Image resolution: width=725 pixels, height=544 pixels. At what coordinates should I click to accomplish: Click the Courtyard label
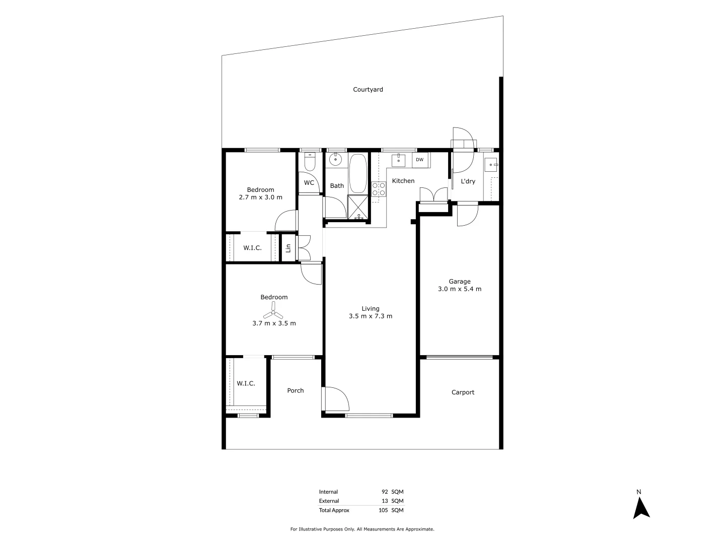coord(368,90)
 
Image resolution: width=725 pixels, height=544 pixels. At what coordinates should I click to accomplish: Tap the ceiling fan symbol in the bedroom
coord(274,310)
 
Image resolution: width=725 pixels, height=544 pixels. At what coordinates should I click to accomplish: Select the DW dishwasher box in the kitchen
coord(419,160)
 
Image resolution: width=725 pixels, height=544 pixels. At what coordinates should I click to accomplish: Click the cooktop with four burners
coord(379,189)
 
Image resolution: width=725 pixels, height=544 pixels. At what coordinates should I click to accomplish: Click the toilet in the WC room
coord(310,162)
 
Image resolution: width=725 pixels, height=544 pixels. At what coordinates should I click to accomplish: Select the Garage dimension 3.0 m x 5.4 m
coord(460,289)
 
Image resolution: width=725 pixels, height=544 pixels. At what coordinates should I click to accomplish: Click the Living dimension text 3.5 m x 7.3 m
coord(370,316)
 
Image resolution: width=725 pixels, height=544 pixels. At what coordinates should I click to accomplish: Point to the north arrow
coord(641,508)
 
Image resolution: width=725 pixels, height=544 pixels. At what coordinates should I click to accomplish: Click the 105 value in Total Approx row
coord(383,510)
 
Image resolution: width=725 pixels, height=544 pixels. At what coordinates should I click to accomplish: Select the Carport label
coord(463,392)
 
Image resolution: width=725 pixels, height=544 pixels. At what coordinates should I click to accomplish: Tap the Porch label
coord(296,390)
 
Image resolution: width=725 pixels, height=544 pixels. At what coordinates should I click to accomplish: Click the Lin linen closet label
coord(288,248)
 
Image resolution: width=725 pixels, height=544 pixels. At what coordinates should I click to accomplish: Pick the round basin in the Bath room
coord(335,160)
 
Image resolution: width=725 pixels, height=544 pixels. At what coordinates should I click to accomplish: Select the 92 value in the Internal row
coord(385,492)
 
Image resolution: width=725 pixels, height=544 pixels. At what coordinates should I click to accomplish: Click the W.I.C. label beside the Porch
coord(246,383)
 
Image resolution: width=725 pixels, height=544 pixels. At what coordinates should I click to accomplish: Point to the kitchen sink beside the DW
coord(398,160)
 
